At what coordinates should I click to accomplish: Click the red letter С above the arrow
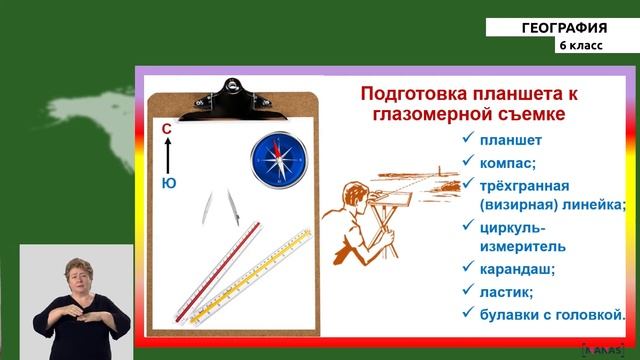(167, 129)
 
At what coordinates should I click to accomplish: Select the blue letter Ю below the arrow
(168, 183)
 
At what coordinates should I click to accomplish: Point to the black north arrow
(168, 156)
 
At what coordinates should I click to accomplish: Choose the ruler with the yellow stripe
(251, 277)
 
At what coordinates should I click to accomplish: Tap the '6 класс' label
(581, 47)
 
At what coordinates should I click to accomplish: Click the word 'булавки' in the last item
(514, 314)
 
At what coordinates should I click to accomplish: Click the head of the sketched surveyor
(352, 192)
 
